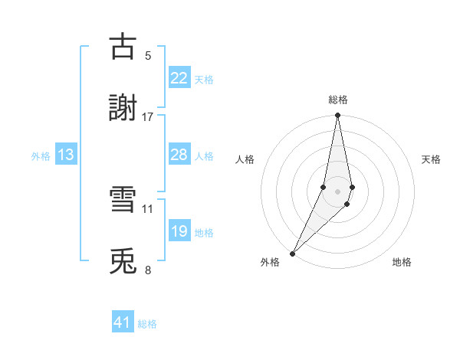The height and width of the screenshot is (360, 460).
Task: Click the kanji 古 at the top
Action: (123, 47)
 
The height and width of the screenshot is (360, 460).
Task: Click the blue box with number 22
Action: (179, 78)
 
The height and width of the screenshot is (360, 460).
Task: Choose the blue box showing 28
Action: (179, 155)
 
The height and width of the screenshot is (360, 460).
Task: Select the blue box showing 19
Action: (179, 231)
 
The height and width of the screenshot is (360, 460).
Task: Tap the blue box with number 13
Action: (66, 155)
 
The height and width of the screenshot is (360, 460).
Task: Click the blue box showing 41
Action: (123, 323)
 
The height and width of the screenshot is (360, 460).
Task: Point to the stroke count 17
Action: (148, 117)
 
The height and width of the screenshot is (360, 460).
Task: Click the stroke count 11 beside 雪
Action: (148, 208)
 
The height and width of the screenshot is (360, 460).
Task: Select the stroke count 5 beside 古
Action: (148, 56)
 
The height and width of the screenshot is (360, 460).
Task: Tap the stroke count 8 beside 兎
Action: (148, 270)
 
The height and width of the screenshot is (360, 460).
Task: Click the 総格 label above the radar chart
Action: (338, 100)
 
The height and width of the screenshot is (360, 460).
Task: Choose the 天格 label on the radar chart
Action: (432, 159)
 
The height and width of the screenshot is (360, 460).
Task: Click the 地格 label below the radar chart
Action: (402, 262)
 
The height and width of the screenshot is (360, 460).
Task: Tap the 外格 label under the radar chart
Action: (270, 262)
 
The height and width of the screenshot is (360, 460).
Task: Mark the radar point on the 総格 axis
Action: (338, 116)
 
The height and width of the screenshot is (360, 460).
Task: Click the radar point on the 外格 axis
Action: (292, 253)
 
